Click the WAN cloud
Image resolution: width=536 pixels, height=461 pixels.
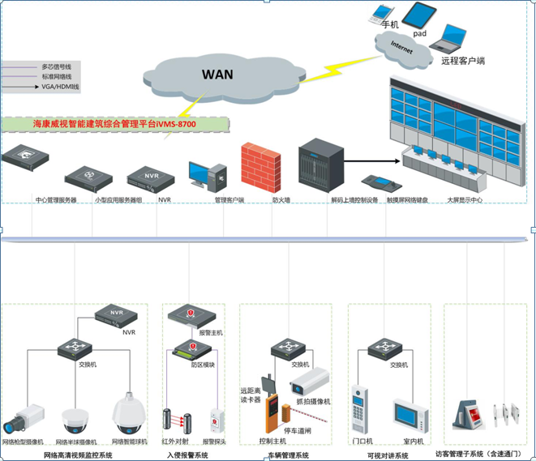point(217,75)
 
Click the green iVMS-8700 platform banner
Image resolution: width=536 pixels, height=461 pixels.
point(114,125)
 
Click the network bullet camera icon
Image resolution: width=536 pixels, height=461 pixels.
point(23,415)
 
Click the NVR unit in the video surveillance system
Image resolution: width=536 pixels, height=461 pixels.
point(115,314)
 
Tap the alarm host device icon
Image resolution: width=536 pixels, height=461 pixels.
point(192,315)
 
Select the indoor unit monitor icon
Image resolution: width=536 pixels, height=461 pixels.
point(410,415)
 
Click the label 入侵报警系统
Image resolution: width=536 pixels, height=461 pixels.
point(187,455)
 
